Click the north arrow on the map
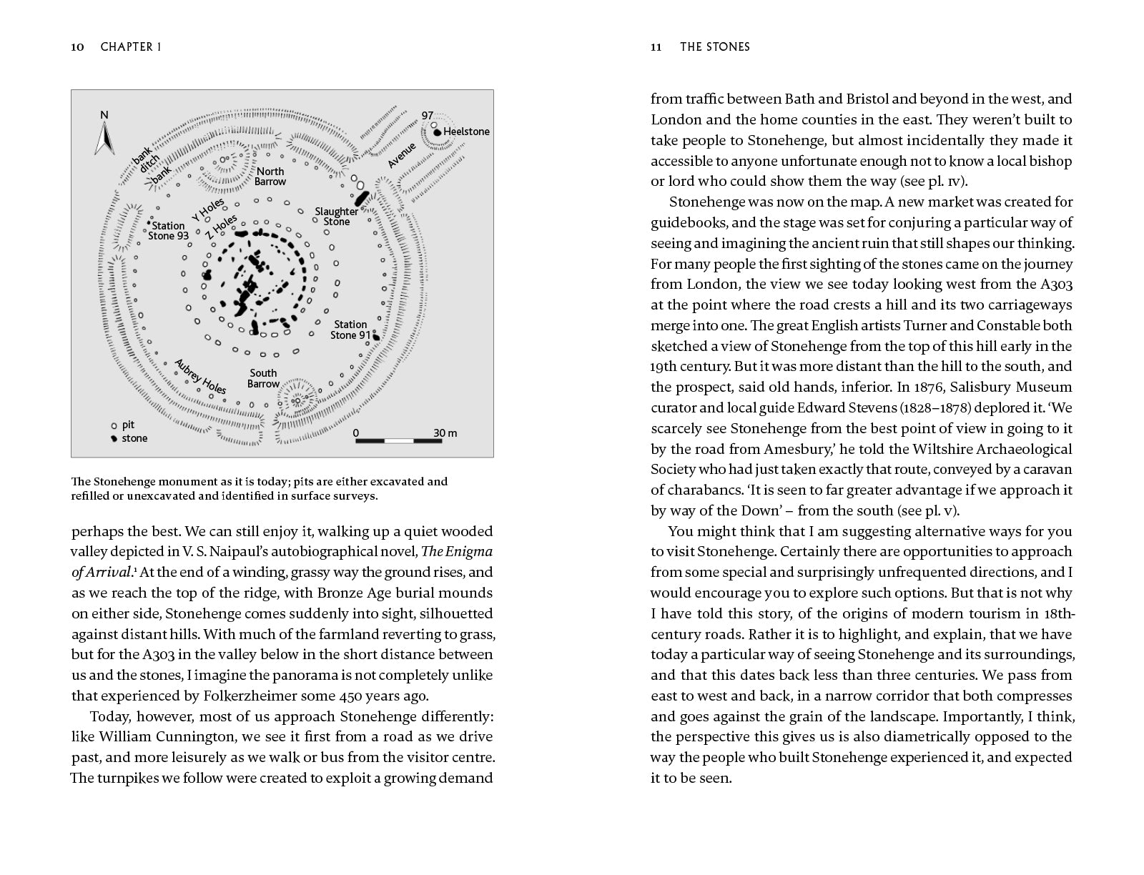(104, 138)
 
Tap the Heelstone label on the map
(466, 132)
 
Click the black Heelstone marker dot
(436, 132)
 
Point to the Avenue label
(402, 156)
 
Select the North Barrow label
(270, 177)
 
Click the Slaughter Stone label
(337, 217)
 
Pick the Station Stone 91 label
(350, 330)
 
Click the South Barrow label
(263, 378)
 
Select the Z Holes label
(221, 227)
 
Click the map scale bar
(398, 440)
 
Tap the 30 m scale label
(445, 433)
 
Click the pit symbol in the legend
(113, 425)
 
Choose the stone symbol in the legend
(113, 438)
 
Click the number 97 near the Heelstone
(428, 115)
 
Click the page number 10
(78, 47)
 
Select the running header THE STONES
(714, 47)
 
